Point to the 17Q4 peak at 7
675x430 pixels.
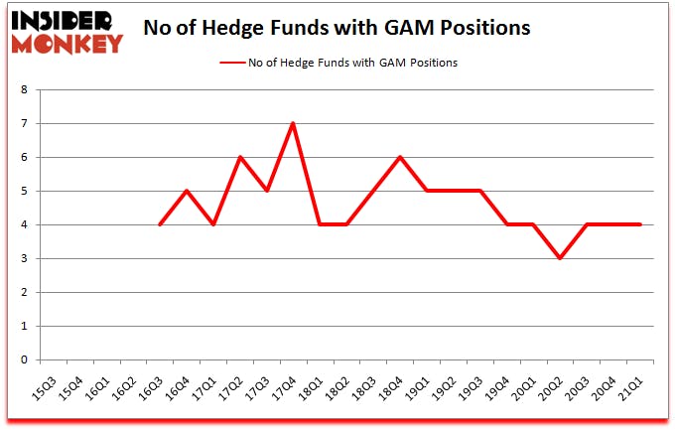tap(293, 123)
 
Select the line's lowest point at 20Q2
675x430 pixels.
tap(561, 258)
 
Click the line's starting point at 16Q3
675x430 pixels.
tap(159, 224)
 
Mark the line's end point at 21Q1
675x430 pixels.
tap(641, 224)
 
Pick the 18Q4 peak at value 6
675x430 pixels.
tap(400, 157)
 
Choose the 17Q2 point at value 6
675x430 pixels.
tap(239, 157)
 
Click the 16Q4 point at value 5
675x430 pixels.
tap(186, 191)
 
